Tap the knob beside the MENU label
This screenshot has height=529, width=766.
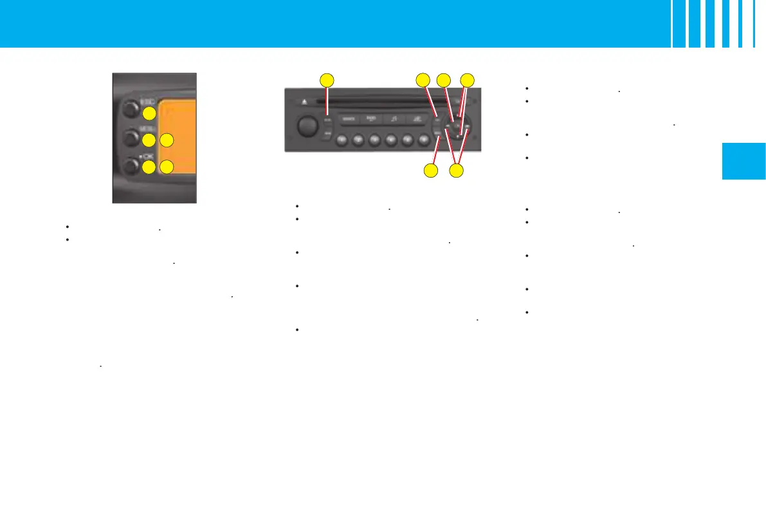[130, 138]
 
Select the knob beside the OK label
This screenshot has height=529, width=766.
[130, 167]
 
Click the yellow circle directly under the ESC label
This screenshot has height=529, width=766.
[149, 114]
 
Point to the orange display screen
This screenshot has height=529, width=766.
[177, 136]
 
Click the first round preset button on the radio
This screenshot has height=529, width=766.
[342, 139]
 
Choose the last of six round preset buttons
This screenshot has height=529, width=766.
[423, 139]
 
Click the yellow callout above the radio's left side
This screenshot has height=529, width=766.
[327, 80]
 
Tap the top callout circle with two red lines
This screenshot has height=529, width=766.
[468, 80]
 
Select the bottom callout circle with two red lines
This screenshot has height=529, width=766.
[456, 171]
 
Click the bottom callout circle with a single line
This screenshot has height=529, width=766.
[430, 171]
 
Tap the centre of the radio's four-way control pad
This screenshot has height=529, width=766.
[457, 126]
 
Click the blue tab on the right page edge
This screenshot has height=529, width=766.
[743, 161]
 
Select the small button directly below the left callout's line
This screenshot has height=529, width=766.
[327, 120]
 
